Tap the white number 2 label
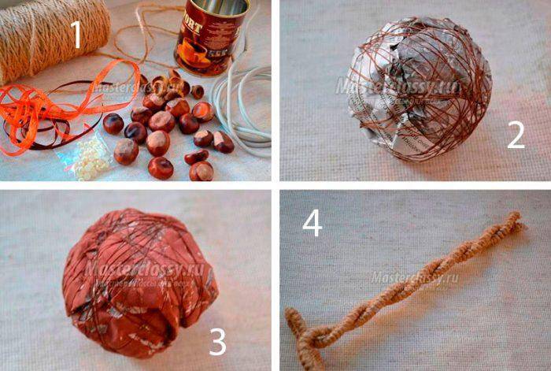(x=516, y=135)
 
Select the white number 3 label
(x=217, y=341)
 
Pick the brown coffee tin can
(x=202, y=39)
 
